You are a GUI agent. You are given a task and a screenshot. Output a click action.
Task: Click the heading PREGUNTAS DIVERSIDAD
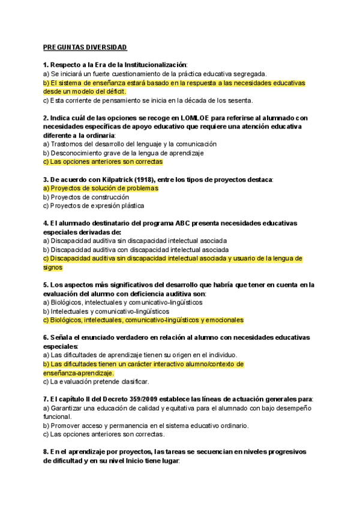(x=85, y=47)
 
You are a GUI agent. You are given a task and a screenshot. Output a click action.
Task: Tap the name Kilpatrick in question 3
(x=104, y=179)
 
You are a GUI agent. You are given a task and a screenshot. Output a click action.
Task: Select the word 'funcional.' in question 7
(x=59, y=417)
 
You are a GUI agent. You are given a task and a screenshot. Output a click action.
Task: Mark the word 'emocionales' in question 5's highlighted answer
(x=224, y=320)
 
